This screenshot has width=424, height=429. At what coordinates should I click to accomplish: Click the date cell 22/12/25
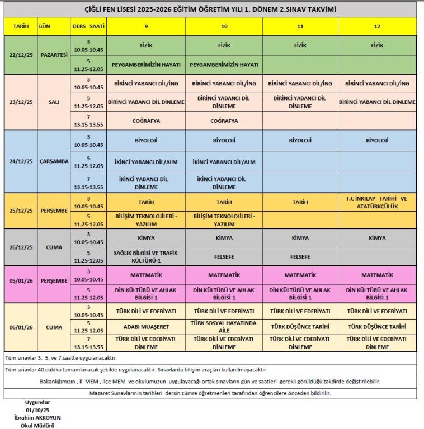tap(20, 55)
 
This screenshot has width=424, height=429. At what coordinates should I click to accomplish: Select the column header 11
tap(300, 26)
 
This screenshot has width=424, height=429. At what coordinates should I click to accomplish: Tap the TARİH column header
tap(20, 26)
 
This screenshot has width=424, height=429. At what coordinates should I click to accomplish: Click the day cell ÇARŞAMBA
tap(54, 161)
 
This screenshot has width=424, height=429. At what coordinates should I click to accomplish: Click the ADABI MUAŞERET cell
tap(145, 326)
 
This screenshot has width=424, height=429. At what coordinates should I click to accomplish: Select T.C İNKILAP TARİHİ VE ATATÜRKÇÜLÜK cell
tap(376, 202)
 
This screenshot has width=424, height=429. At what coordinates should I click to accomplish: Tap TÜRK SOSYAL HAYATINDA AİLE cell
tap(224, 326)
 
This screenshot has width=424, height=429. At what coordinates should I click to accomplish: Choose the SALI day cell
tap(54, 102)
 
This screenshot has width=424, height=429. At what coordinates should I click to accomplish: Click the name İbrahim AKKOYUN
tap(38, 417)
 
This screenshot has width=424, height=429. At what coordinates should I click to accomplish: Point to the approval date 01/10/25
tap(38, 409)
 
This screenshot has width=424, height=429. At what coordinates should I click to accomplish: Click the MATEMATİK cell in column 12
tap(376, 275)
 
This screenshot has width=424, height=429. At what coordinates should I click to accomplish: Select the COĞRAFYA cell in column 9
tap(145, 121)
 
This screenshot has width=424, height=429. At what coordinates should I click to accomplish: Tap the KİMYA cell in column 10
tap(224, 238)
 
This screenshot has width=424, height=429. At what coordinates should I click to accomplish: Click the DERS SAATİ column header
tap(88, 26)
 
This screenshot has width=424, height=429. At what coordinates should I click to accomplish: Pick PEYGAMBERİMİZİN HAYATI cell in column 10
tap(224, 65)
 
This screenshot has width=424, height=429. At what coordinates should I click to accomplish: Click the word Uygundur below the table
tap(38, 402)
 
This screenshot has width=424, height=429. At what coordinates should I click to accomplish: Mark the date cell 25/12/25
tap(20, 210)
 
